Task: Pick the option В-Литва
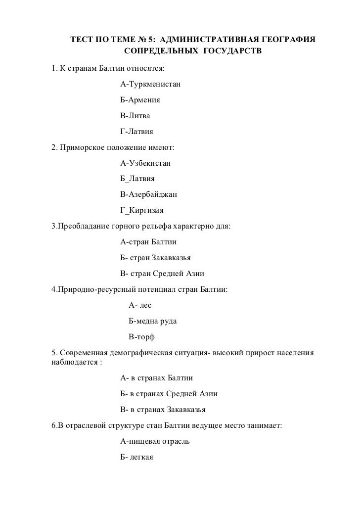[135, 116]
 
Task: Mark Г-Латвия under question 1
[137, 132]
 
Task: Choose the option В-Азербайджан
[148, 194]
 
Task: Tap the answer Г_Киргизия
[143, 210]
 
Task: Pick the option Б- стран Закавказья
[156, 258]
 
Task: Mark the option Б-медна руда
[152, 321]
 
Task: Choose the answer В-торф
[141, 337]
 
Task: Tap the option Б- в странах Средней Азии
[169, 394]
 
